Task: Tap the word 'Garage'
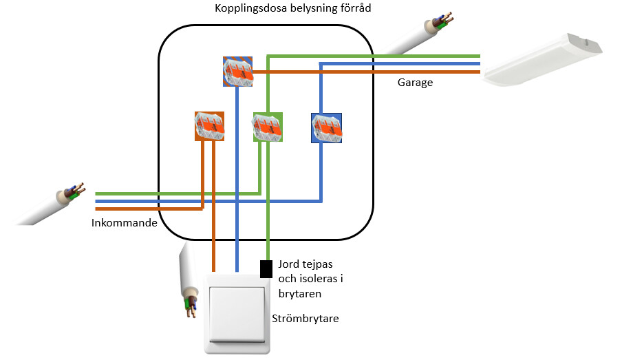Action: [415, 83]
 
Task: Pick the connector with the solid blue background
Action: [326, 128]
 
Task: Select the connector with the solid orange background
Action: [209, 126]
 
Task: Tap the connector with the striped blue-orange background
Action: [237, 72]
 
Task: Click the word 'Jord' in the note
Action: [290, 264]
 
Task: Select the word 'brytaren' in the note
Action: [300, 294]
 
